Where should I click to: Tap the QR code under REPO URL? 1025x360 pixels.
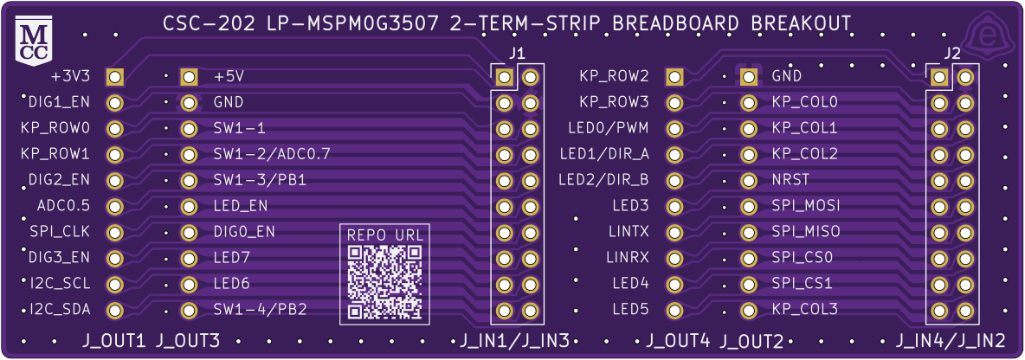[x=385, y=281]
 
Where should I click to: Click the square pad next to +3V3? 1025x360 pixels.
[x=114, y=77]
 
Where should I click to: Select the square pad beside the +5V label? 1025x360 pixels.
[x=189, y=77]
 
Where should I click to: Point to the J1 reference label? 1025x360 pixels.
[x=517, y=54]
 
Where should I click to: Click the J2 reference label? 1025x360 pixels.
[x=951, y=54]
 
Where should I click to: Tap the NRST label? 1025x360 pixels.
[x=789, y=181]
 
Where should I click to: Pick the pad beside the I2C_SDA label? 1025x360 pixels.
[x=114, y=310]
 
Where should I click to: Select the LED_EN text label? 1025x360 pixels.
[x=240, y=207]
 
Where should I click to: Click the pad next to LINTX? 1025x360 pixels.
[x=674, y=233]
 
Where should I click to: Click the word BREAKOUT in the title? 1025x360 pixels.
[x=800, y=23]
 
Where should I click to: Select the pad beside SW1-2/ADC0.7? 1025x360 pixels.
[x=189, y=155]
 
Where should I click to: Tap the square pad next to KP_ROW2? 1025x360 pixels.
[x=674, y=77]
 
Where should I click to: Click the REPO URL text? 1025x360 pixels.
[x=385, y=235]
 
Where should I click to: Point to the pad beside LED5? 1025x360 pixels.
[x=674, y=310]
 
